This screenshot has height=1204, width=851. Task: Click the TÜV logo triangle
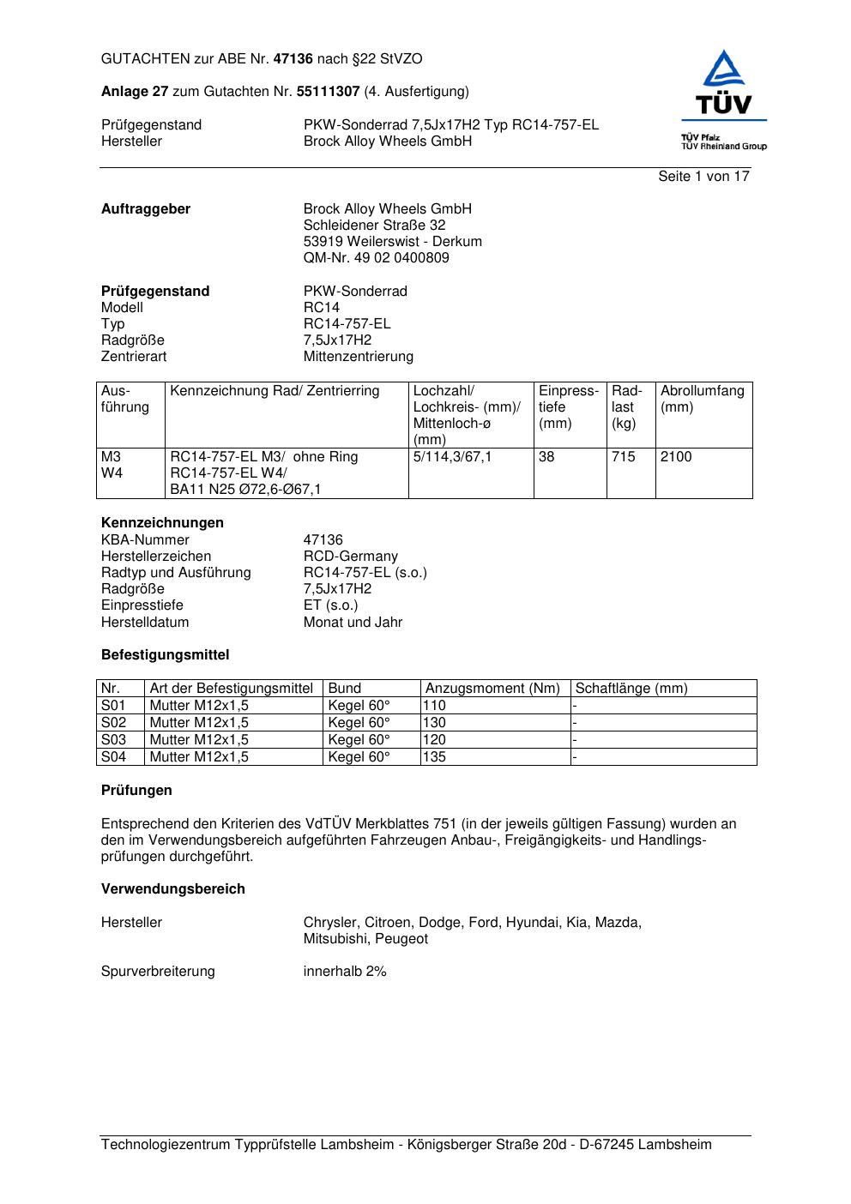click(x=724, y=69)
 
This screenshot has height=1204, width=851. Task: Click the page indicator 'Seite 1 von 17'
click(x=703, y=177)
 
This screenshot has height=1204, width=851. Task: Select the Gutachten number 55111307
click(x=328, y=92)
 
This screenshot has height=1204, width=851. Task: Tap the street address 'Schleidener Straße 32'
click(x=374, y=226)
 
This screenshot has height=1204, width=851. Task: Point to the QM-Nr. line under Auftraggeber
click(x=376, y=258)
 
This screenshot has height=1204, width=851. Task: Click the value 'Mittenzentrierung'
click(x=358, y=357)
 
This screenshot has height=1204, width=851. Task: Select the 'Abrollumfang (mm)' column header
click(x=702, y=399)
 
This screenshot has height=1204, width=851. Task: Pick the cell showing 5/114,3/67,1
click(x=452, y=457)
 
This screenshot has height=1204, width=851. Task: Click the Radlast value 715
click(x=624, y=457)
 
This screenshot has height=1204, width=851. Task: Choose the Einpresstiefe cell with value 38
click(x=546, y=457)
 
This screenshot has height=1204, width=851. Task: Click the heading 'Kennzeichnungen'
click(x=162, y=523)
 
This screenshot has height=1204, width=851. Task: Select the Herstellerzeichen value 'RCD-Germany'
click(x=350, y=557)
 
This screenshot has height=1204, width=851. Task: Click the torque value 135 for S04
click(x=434, y=757)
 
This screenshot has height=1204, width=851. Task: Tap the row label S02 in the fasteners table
click(x=113, y=723)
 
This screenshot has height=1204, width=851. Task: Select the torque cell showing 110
click(x=434, y=706)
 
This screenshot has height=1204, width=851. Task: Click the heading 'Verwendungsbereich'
click(x=172, y=889)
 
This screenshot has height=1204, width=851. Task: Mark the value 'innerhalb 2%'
click(x=345, y=972)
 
